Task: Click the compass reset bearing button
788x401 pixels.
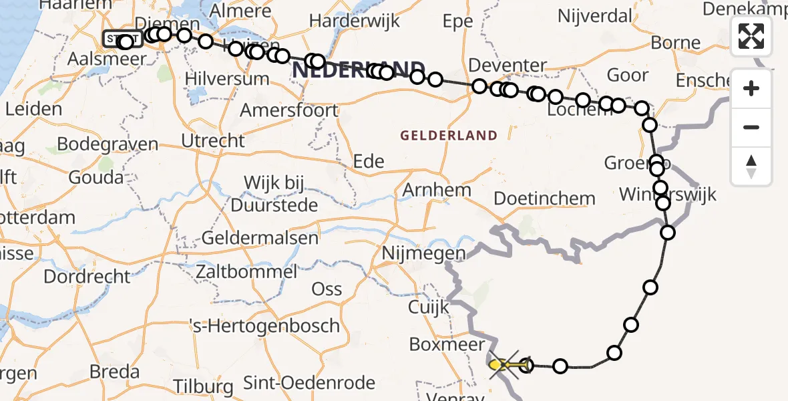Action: (751, 166)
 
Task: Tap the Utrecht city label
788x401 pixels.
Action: (213, 140)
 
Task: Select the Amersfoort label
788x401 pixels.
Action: (289, 110)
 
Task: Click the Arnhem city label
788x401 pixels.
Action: (437, 190)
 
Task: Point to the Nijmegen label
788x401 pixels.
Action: (423, 253)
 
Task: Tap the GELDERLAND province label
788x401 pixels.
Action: (449, 136)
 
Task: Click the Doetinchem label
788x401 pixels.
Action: (544, 198)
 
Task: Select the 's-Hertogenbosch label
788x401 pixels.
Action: (265, 326)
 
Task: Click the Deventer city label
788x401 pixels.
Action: (508, 65)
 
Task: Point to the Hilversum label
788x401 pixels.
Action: (227, 78)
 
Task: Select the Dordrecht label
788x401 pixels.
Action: (87, 276)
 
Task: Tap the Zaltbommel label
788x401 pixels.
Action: (246, 272)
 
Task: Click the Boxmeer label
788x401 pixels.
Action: (447, 345)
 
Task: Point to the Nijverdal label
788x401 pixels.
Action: (596, 15)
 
